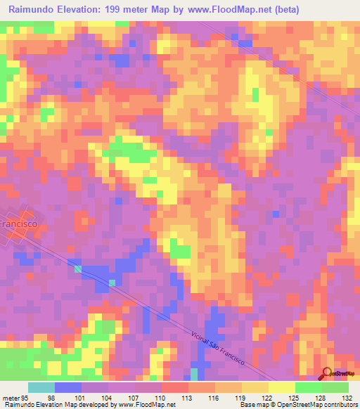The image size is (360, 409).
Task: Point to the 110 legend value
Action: click(161, 397)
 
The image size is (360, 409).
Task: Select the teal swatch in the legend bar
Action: click(41, 387)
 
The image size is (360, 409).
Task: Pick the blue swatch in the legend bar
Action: click(67, 387)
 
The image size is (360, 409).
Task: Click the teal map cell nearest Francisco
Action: click(77, 268)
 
